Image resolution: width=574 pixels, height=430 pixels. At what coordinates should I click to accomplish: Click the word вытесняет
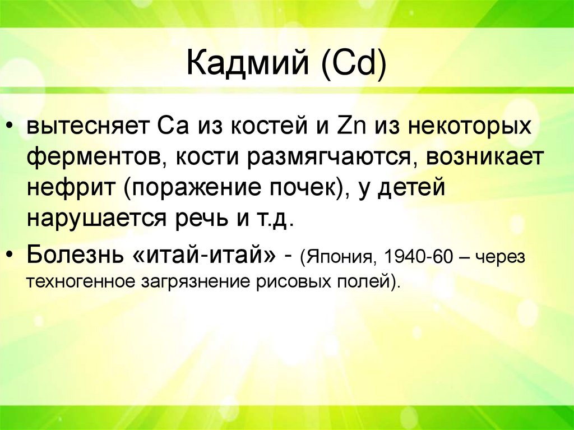coord(84,127)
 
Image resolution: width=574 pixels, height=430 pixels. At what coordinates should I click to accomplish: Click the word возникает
coord(485,158)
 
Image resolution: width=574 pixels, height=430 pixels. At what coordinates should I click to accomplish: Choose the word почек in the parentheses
coord(300,189)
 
